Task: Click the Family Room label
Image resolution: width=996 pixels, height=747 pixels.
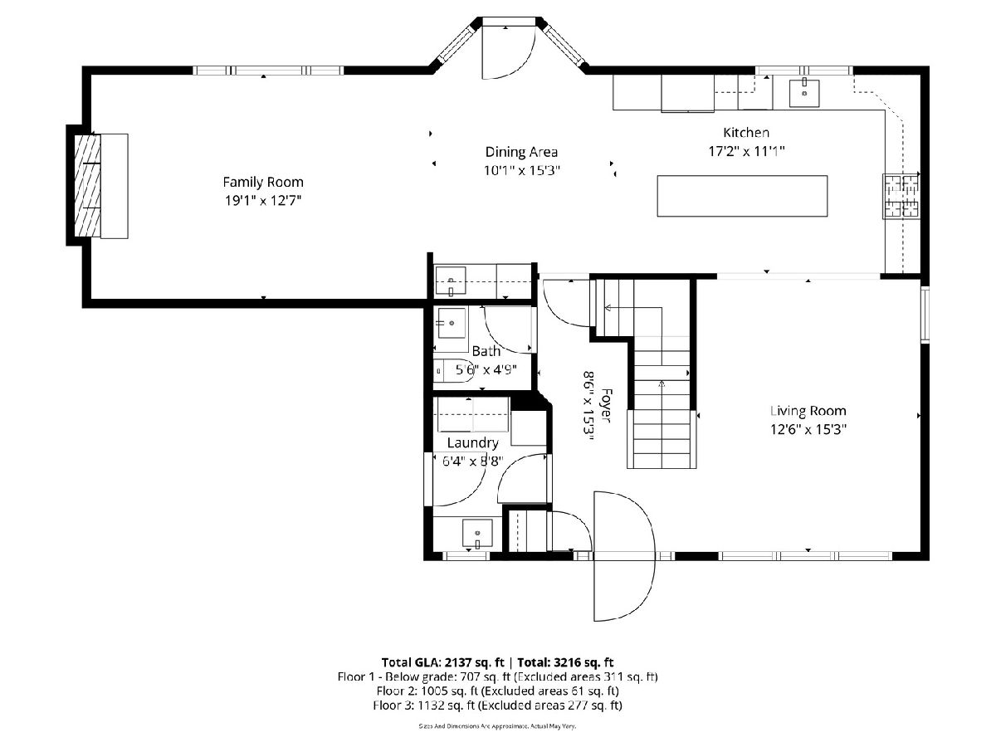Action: (x=263, y=183)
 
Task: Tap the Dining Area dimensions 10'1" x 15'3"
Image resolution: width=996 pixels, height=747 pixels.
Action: (x=521, y=170)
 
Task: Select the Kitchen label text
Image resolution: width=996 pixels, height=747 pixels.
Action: (x=746, y=133)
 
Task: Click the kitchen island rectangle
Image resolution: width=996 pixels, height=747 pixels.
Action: (x=742, y=196)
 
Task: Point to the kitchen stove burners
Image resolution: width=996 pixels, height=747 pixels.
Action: (x=902, y=197)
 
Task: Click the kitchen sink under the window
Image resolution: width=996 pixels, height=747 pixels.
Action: (x=804, y=93)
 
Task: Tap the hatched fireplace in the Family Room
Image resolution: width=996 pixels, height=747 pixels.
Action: (x=87, y=185)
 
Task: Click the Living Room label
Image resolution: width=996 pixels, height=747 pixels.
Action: (x=808, y=411)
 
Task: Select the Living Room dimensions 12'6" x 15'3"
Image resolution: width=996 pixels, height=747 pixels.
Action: (x=808, y=429)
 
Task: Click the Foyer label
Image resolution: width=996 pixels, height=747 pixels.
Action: (x=606, y=405)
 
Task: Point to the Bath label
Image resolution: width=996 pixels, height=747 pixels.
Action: (x=486, y=351)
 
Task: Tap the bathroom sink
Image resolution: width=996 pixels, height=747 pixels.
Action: (x=451, y=323)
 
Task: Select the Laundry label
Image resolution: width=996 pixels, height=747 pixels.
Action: (x=473, y=442)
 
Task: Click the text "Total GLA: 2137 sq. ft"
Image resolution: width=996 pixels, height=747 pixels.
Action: (x=443, y=662)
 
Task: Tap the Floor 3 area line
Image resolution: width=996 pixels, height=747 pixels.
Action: (x=497, y=705)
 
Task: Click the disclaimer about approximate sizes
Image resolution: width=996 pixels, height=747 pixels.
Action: (x=497, y=726)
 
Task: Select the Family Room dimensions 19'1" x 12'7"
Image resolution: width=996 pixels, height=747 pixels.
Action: (x=263, y=201)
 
